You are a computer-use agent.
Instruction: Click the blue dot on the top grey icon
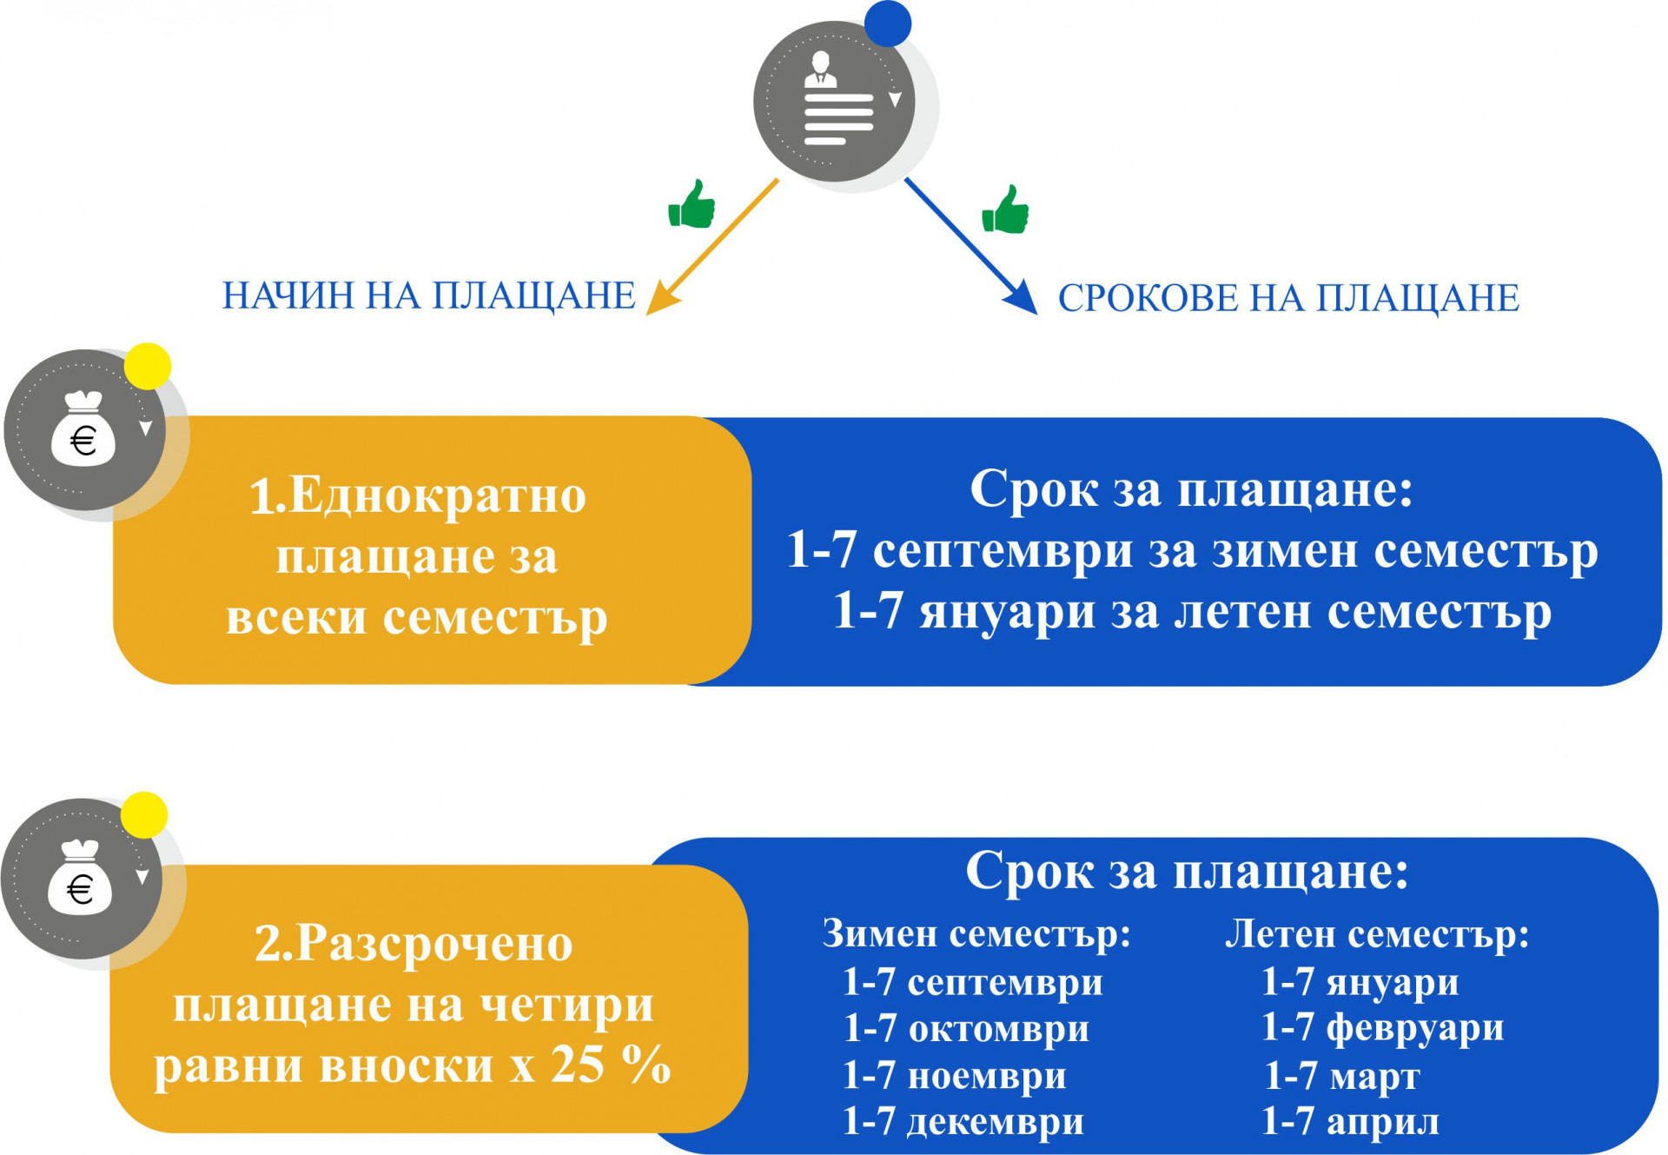point(888,23)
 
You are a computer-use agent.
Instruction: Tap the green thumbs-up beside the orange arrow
point(692,204)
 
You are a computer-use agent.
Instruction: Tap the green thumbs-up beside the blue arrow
point(1005,209)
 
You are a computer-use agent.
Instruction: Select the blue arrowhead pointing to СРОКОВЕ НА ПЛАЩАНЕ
point(1022,297)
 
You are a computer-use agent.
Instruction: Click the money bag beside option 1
point(83,429)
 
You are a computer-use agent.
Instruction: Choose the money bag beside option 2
point(80,878)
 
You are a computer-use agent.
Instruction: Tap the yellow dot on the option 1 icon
point(148,366)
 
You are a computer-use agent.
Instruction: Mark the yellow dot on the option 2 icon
point(144,815)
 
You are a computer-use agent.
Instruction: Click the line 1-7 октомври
point(966,1029)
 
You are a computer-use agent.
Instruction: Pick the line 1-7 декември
point(963,1122)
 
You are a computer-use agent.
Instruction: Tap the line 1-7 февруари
point(1382,1028)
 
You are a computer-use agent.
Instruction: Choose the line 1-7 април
point(1350,1122)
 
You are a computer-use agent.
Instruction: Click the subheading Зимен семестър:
point(976,934)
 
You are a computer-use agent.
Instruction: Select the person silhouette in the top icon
point(820,70)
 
